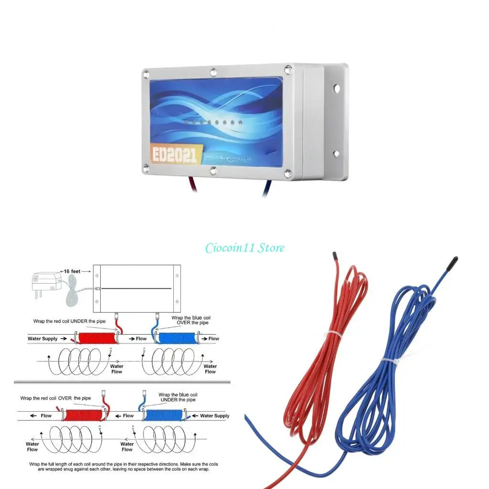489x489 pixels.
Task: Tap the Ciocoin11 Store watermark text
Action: pos(245,248)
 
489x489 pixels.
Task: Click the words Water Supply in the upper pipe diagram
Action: pos(43,339)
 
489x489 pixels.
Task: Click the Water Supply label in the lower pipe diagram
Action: pos(214,415)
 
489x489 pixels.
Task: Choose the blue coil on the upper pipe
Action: pos(177,339)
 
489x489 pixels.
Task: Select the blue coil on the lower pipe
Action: pos(165,415)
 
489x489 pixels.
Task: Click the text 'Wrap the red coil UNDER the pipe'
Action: pos(66,321)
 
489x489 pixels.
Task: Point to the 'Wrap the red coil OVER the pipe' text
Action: pos(55,397)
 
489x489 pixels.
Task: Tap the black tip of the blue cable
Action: pos(452,263)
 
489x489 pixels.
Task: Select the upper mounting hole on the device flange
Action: pos(337,88)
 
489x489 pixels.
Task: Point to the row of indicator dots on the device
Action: pos(215,123)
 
